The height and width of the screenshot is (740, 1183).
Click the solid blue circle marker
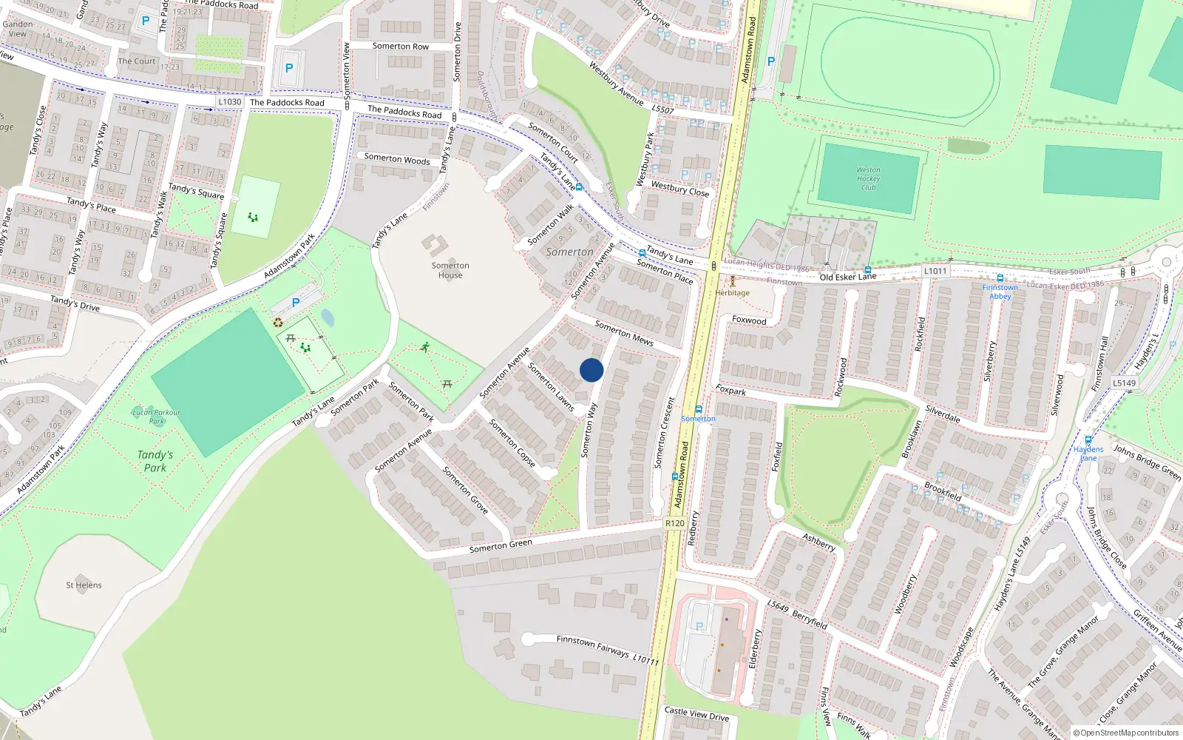click(591, 370)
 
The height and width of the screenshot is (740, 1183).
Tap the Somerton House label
click(450, 270)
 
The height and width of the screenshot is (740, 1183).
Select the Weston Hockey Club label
click(868, 179)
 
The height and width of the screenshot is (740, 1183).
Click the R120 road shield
click(674, 523)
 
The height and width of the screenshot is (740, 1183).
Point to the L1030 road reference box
click(230, 102)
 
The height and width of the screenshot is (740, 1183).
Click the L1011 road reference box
click(935, 272)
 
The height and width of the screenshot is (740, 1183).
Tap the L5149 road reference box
click(1124, 383)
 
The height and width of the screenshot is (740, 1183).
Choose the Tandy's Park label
click(155, 461)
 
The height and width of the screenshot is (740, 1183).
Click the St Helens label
click(84, 585)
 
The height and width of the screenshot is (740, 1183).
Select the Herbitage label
click(732, 293)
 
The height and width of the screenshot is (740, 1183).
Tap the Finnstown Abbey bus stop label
click(1000, 292)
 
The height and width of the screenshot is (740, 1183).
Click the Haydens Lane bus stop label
click(1088, 454)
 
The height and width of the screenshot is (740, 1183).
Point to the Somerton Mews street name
click(624, 333)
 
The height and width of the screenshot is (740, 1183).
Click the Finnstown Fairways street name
click(592, 646)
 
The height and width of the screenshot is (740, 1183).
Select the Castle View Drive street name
click(696, 713)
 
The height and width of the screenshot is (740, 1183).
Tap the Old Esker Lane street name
click(847, 277)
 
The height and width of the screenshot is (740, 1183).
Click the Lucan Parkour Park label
click(156, 417)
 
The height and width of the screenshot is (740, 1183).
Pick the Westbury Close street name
click(679, 189)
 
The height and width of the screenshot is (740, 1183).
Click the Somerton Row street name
click(400, 46)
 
